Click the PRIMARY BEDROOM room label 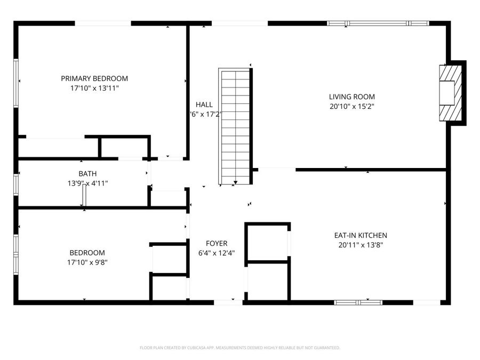94,78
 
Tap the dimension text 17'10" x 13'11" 94,88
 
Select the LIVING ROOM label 351,97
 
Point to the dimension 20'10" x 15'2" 351,106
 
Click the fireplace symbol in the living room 448,94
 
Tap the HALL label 204,105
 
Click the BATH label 87,174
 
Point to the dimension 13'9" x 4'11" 87,183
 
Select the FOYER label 217,243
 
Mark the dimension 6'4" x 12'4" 217,253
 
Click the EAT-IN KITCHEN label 361,235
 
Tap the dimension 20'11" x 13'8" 361,245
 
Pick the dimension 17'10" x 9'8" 87,262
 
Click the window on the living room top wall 378,23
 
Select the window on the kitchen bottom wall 358,302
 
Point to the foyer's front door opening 228,302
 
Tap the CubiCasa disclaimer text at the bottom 239,348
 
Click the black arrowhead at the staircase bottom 235,183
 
